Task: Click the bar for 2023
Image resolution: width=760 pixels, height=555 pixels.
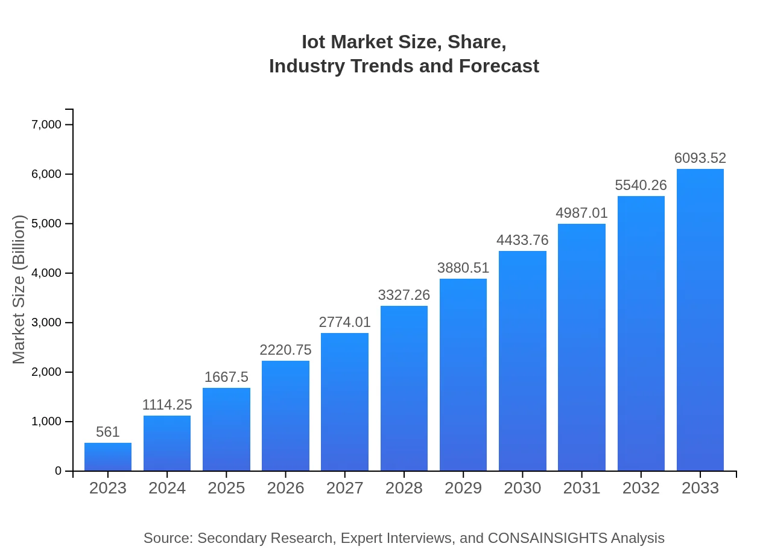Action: [108, 457]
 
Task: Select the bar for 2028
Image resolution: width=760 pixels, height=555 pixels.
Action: [404, 388]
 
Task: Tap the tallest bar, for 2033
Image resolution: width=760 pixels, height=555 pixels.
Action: [700, 320]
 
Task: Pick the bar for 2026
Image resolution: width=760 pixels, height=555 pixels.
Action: [285, 416]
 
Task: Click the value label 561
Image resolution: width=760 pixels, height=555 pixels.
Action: [108, 432]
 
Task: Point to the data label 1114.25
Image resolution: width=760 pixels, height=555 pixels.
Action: [167, 405]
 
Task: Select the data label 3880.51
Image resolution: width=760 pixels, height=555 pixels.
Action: [463, 268]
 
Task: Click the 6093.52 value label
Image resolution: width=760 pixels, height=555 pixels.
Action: [700, 158]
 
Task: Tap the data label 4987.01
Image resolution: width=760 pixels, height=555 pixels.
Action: [581, 213]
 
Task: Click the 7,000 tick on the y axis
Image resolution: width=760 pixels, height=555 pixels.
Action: [46, 125]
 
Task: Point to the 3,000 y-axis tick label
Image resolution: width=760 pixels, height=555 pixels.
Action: [46, 323]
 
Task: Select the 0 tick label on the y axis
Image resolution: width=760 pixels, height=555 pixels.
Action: [59, 471]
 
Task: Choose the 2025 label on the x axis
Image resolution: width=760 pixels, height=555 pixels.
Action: [226, 488]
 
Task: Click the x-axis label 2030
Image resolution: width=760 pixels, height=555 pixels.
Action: [522, 488]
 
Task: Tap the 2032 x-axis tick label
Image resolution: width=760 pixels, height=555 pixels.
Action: [641, 488]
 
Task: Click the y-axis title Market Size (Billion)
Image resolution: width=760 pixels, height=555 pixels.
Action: [19, 290]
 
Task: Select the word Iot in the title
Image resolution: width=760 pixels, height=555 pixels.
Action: [314, 42]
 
